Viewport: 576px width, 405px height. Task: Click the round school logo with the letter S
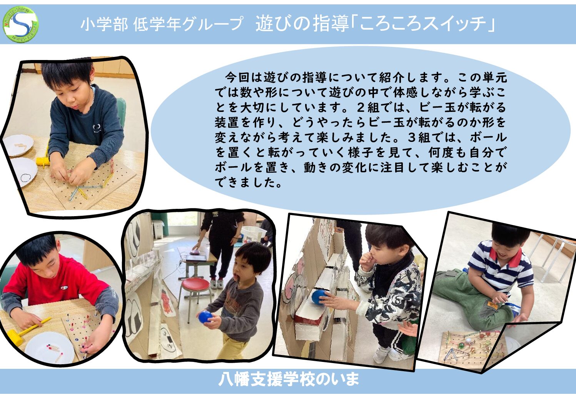pos(20,24)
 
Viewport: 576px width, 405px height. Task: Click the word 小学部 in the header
pos(104,24)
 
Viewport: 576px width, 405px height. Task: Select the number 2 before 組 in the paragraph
pos(361,107)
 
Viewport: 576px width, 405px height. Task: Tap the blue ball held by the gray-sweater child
pos(205,317)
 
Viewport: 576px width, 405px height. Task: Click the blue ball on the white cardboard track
pos(319,297)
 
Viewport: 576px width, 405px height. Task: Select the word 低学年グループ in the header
pos(188,24)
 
